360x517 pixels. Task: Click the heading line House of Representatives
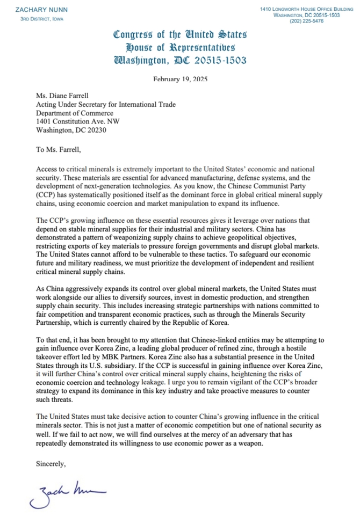tap(180, 47)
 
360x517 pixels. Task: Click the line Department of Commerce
tap(75, 113)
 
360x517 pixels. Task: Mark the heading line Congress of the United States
tap(180, 35)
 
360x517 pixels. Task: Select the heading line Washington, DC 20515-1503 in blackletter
tap(180, 60)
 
